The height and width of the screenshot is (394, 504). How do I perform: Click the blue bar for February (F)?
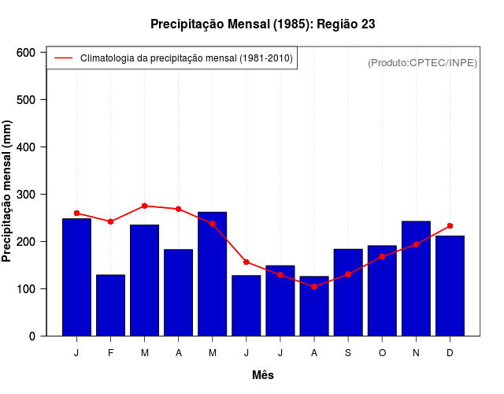[110, 305]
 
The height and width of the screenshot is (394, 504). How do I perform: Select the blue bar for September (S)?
[348, 292]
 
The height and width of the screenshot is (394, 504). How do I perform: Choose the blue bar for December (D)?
[450, 285]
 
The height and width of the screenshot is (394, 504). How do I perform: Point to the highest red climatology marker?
[145, 206]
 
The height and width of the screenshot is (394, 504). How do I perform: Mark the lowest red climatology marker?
[314, 287]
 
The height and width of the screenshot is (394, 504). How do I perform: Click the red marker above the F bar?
[110, 221]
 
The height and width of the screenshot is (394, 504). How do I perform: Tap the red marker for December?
[450, 225]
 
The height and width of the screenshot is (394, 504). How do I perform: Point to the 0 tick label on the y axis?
[32, 336]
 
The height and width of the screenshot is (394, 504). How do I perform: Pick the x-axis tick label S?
[348, 353]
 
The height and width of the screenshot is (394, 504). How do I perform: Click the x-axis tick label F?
[110, 353]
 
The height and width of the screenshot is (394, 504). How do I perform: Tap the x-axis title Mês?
[263, 375]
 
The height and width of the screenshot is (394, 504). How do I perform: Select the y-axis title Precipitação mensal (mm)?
[8, 191]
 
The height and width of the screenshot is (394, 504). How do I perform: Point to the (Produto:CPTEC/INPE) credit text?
[422, 62]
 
